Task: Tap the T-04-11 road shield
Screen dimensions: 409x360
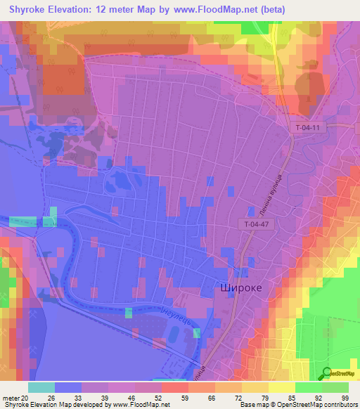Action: (307, 127)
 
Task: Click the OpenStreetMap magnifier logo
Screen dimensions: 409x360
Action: (328, 372)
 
